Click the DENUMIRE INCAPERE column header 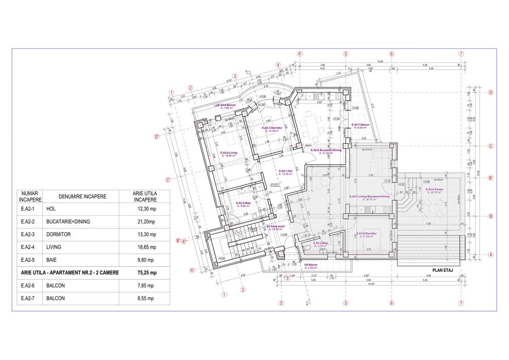click(x=75, y=196)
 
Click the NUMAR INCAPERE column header click(x=29, y=196)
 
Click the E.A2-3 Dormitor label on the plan click(x=270, y=129)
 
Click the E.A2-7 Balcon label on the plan click(x=360, y=125)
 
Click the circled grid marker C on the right click(x=491, y=146)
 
